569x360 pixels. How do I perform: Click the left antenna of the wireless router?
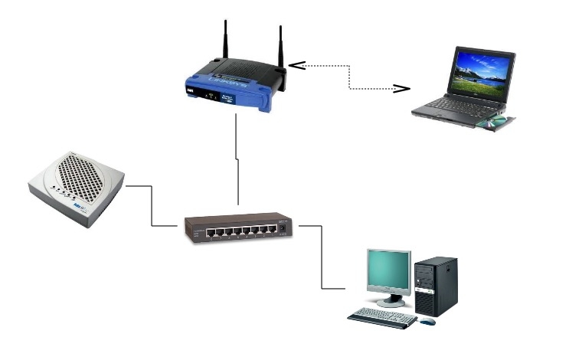pyautogui.click(x=226, y=42)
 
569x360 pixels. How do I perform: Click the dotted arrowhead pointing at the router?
pyautogui.click(x=296, y=66)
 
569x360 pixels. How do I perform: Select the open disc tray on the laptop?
pyautogui.click(x=495, y=120)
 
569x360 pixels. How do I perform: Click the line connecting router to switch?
pyautogui.click(x=238, y=161)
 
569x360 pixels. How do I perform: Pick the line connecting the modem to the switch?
pyautogui.click(x=152, y=207)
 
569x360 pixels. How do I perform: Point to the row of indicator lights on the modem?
pyautogui.click(x=62, y=187)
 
